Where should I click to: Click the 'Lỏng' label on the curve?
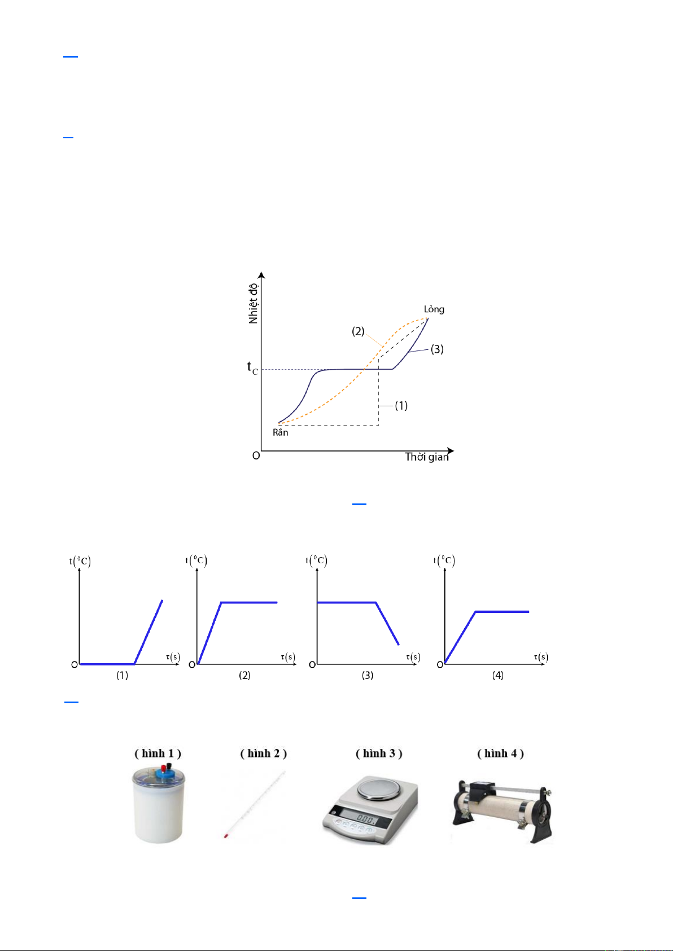(x=434, y=309)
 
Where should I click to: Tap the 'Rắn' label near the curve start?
(x=280, y=432)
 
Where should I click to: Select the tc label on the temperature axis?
(x=252, y=367)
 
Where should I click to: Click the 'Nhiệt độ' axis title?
(x=253, y=303)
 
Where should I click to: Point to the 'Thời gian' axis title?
(x=426, y=457)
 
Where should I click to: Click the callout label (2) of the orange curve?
(x=358, y=331)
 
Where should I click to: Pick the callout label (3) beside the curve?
(x=437, y=349)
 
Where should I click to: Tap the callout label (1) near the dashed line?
(x=401, y=405)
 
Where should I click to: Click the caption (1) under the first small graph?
(x=123, y=675)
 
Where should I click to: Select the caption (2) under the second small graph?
(x=244, y=675)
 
